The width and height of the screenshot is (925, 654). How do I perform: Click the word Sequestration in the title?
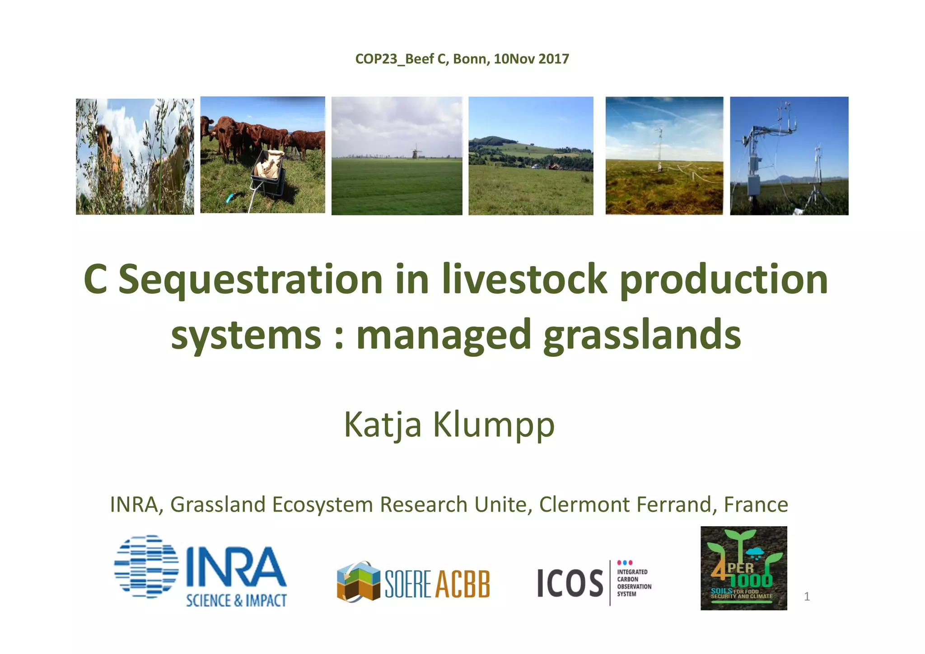pos(251,280)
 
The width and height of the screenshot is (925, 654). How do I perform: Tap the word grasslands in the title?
pos(642,335)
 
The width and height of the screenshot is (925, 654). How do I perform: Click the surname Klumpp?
pos(494,425)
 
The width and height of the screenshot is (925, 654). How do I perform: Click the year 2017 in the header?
pos(554,59)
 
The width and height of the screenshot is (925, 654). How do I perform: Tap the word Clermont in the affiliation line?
pos(584,505)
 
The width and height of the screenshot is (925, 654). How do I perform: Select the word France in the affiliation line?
pos(756,505)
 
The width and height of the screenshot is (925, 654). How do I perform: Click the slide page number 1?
pos(807,597)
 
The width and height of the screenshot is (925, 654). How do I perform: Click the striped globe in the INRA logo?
pos(146,567)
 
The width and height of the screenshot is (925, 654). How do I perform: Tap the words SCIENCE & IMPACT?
pos(236,600)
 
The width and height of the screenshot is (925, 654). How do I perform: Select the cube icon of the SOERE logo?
pos(359,581)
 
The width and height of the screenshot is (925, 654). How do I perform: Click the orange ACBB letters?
pos(463,584)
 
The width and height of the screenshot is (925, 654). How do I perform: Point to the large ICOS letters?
pos(570,583)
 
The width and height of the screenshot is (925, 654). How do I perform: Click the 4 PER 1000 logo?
pos(743,568)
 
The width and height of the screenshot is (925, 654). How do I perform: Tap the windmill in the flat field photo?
pos(416,152)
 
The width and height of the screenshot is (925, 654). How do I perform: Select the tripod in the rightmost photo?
pos(818,181)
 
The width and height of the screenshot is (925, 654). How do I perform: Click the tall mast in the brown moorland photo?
pos(659,149)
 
